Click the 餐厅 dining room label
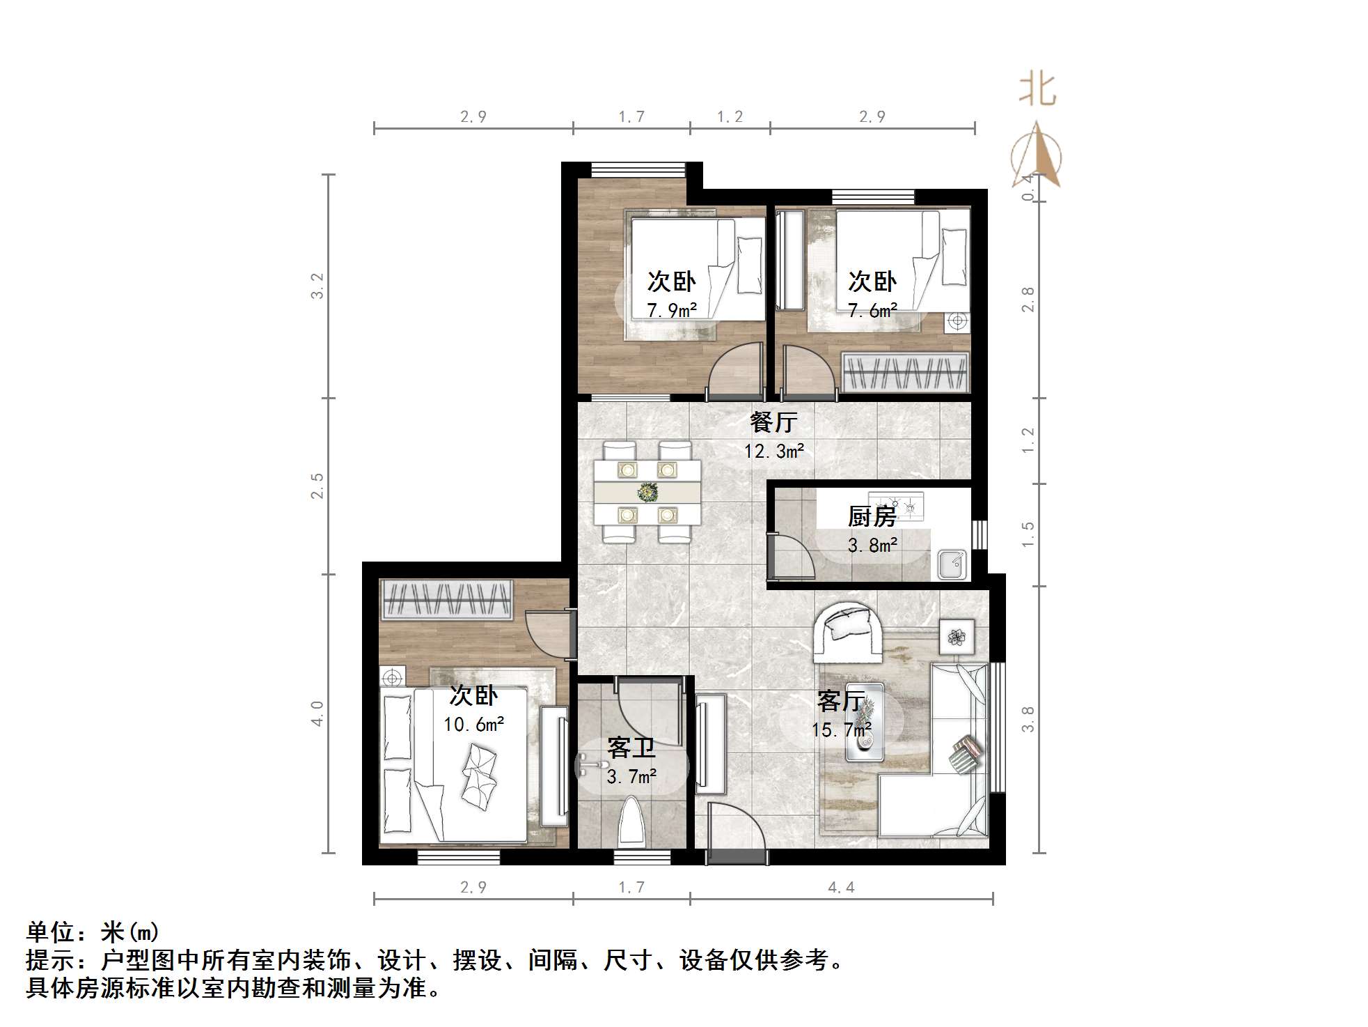click(x=773, y=422)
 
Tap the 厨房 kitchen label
click(x=872, y=516)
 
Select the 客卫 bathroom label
click(x=631, y=748)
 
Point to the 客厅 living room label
click(x=841, y=701)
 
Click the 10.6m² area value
click(x=473, y=725)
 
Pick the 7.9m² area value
click(x=672, y=310)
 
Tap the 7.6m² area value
click(x=872, y=310)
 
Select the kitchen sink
click(x=951, y=564)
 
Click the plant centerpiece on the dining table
click(x=647, y=493)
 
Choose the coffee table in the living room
click(x=865, y=722)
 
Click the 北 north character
click(x=1037, y=91)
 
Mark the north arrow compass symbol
click(x=1037, y=157)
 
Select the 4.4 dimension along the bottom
click(x=841, y=887)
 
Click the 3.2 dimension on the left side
click(x=317, y=286)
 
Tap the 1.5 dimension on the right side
click(x=1028, y=534)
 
